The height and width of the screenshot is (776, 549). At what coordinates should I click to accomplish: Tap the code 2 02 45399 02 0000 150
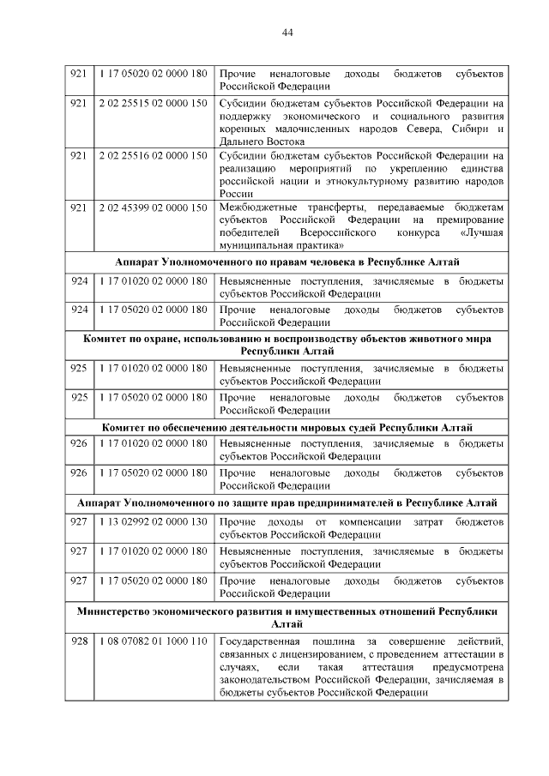point(154,208)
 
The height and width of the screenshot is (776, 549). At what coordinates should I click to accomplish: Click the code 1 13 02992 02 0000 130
point(154,521)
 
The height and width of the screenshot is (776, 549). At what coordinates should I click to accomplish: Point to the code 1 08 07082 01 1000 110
point(154,641)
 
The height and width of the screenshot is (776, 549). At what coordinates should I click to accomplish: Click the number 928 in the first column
point(79,641)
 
